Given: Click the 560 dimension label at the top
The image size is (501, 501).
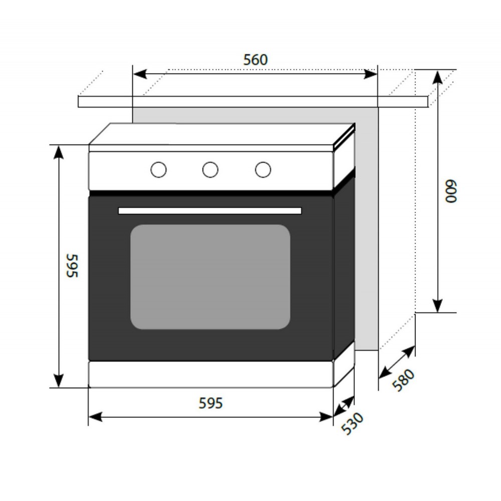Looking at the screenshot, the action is [256, 60].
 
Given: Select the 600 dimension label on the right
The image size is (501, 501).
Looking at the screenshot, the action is [451, 191].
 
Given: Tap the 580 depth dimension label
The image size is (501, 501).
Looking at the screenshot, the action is [403, 380].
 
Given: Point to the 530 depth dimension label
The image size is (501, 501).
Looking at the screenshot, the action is [352, 424].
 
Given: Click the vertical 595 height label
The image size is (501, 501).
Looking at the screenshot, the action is [72, 266].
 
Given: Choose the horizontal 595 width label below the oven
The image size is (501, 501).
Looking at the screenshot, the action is [210, 403].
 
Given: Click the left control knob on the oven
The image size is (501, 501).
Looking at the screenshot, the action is [158, 169].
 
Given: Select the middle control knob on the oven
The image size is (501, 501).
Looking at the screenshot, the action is [210, 169].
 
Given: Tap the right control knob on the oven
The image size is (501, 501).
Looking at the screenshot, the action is [263, 169].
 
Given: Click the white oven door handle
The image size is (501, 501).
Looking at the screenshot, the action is [210, 210].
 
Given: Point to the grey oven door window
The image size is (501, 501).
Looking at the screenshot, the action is [210, 277].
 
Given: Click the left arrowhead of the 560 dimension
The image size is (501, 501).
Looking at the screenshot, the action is [140, 74].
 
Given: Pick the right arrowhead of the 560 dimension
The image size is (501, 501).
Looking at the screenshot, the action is [371, 74].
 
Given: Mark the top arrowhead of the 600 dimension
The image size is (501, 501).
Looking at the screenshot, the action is [437, 77].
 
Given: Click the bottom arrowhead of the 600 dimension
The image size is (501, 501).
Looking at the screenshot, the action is [437, 306].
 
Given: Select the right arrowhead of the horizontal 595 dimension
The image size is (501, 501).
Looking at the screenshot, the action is [326, 417].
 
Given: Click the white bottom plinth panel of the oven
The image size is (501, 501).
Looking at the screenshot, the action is [211, 374].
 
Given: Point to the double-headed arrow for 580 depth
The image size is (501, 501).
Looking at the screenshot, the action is [397, 362].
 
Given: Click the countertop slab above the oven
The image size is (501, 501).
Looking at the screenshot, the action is [253, 102].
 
